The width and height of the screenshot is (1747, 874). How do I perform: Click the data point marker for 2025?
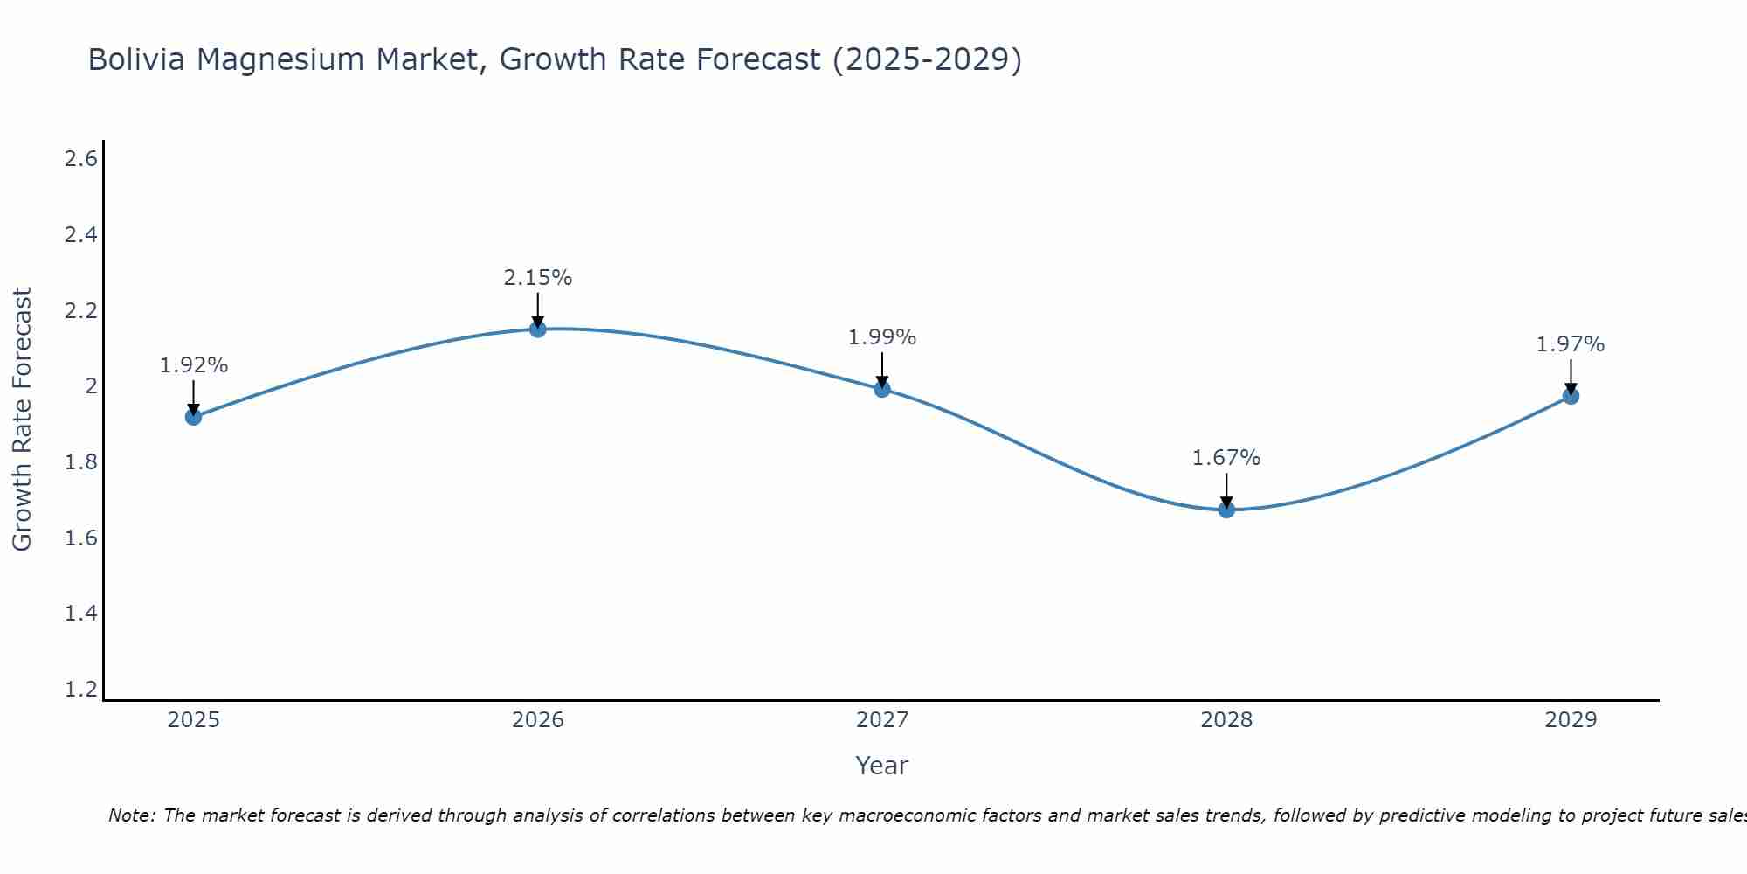193,417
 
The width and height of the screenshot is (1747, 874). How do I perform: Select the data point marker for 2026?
538,329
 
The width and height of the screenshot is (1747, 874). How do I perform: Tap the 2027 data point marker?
882,389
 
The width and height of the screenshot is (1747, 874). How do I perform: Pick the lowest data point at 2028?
1226,510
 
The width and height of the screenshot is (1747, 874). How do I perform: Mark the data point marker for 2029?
1571,396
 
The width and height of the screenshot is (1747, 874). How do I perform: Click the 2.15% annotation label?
538,278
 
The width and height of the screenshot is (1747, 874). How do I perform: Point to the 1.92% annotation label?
193,365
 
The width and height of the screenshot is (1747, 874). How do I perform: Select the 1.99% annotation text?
882,337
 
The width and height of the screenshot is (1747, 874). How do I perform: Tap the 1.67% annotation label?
1226,458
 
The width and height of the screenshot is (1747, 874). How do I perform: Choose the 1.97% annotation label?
1571,344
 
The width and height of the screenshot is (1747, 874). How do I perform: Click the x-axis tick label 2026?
538,720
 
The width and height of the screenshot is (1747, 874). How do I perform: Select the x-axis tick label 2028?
1226,720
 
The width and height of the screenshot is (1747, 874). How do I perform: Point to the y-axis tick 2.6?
81,159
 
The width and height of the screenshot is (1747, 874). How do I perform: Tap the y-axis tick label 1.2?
81,690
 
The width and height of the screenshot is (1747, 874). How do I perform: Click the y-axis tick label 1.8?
81,462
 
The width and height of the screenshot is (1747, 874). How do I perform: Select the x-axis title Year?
882,766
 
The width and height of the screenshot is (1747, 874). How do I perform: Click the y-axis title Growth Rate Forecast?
23,419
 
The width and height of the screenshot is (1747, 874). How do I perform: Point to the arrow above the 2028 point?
1226,489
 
